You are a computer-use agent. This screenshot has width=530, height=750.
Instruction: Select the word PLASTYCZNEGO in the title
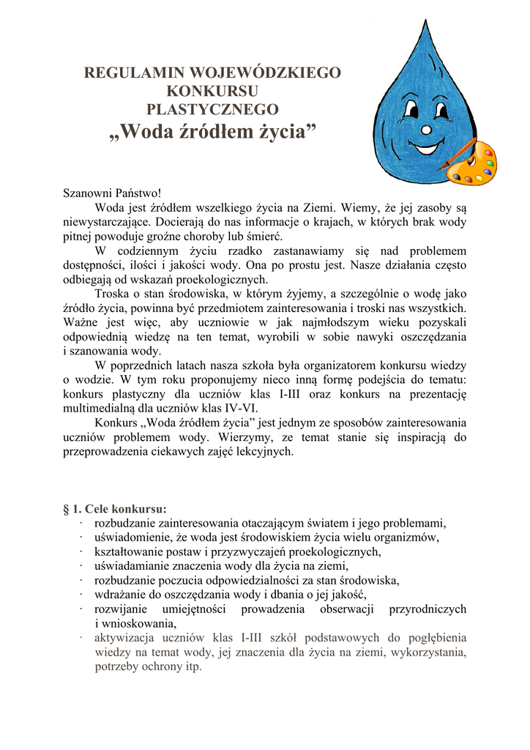(x=212, y=110)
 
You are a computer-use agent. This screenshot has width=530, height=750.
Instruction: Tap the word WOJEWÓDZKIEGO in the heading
(x=266, y=73)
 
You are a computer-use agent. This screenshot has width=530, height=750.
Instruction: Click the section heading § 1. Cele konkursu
(x=115, y=508)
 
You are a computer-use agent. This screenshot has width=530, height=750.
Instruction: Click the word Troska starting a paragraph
(x=112, y=294)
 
